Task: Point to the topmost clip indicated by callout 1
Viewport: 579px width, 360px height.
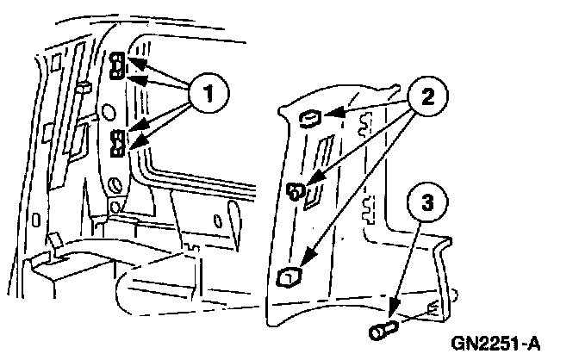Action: (119, 60)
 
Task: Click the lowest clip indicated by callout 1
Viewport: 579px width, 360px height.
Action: (119, 150)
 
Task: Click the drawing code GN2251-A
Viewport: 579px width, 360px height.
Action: (495, 344)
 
